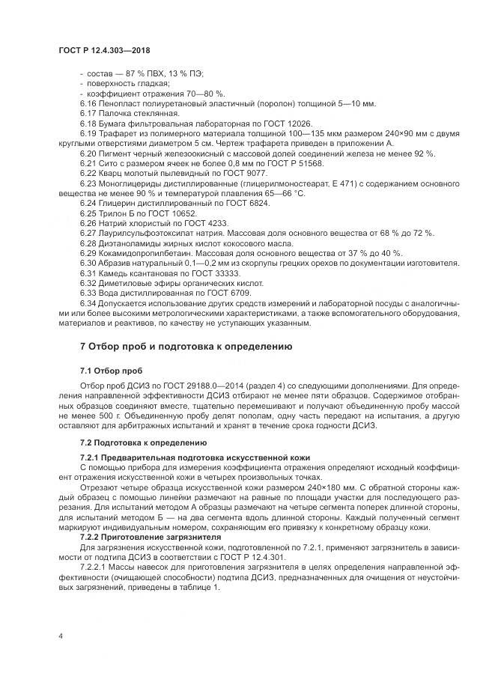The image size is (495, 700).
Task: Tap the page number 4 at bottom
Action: [59, 636]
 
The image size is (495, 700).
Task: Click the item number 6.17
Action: [88, 112]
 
